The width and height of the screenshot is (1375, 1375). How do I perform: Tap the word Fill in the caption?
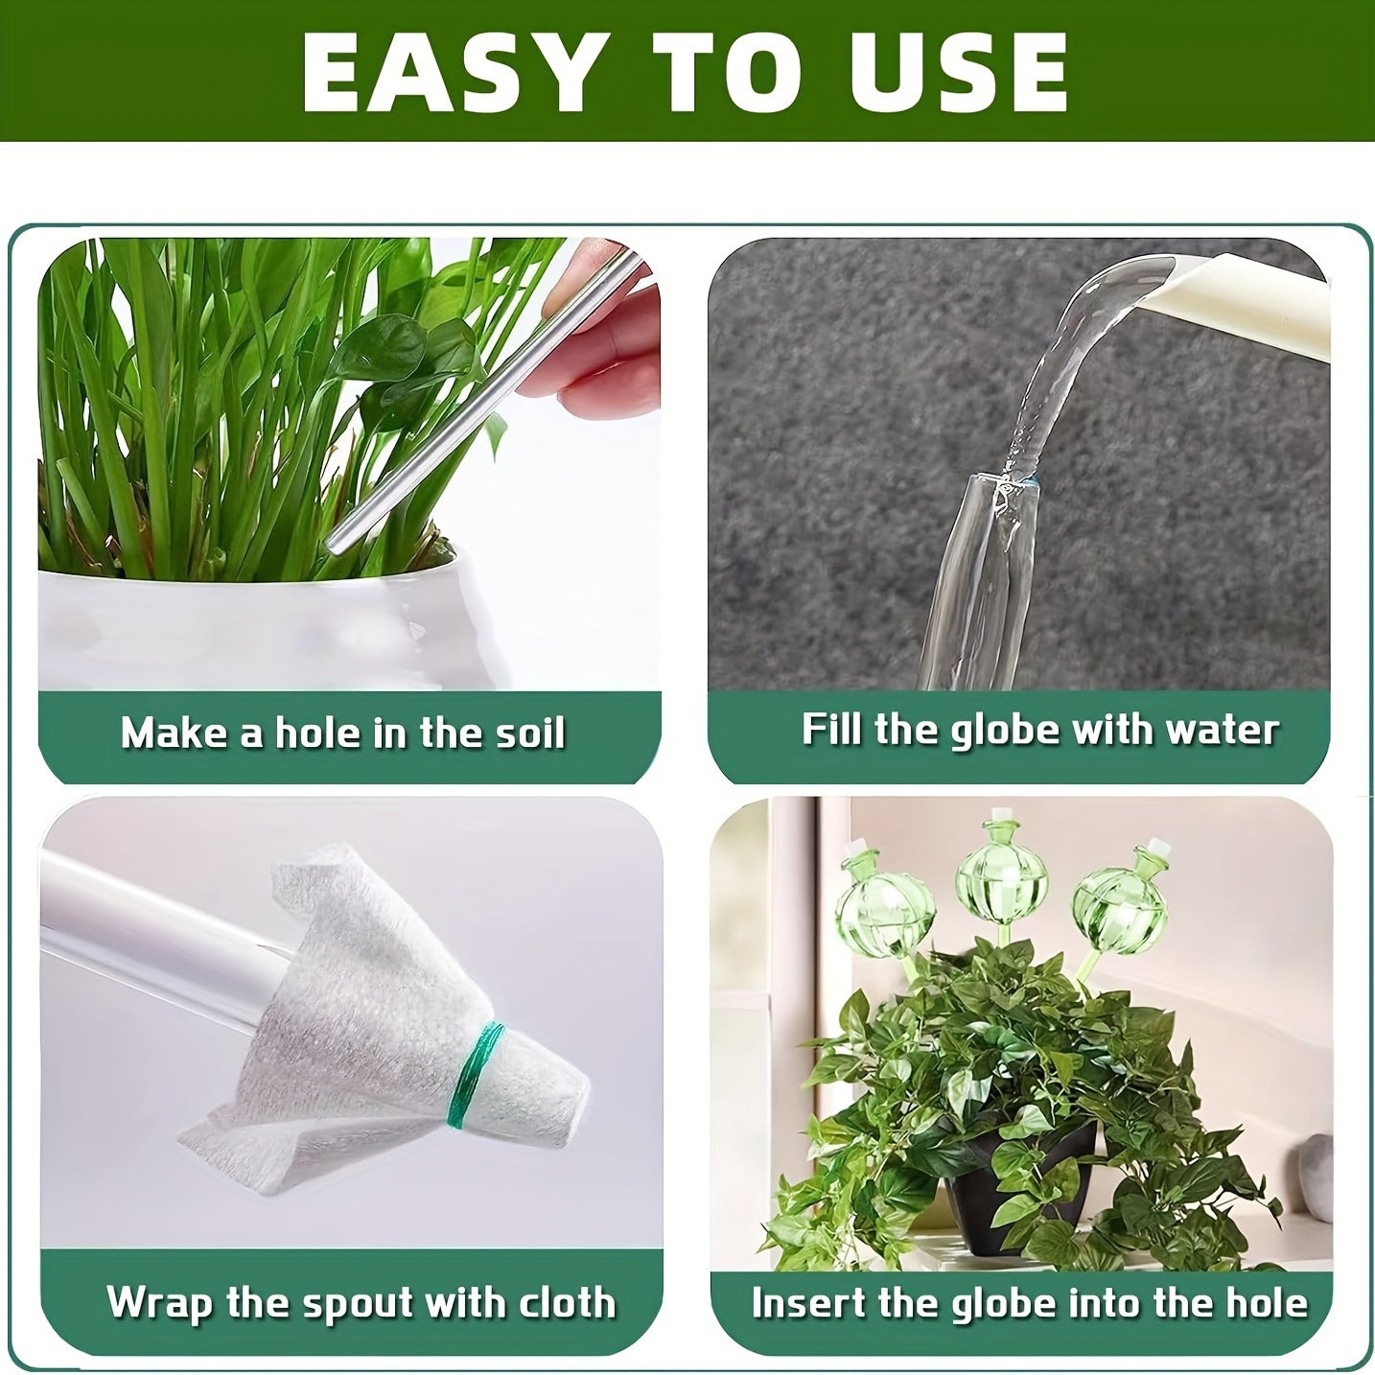point(832,730)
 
